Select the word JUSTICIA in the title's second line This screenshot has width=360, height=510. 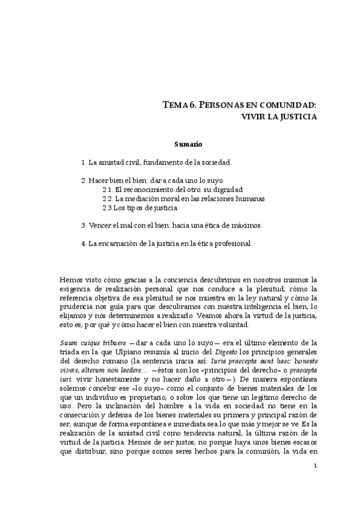pyautogui.click(x=296, y=117)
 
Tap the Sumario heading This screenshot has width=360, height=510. pyautogui.click(x=188, y=145)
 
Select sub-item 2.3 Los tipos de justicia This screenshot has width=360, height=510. pyautogui.click(x=139, y=208)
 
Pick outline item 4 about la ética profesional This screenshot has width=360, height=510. pyautogui.click(x=165, y=244)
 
